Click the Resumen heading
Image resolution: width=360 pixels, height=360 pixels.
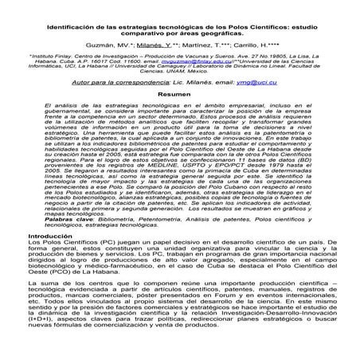pos(179,94)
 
